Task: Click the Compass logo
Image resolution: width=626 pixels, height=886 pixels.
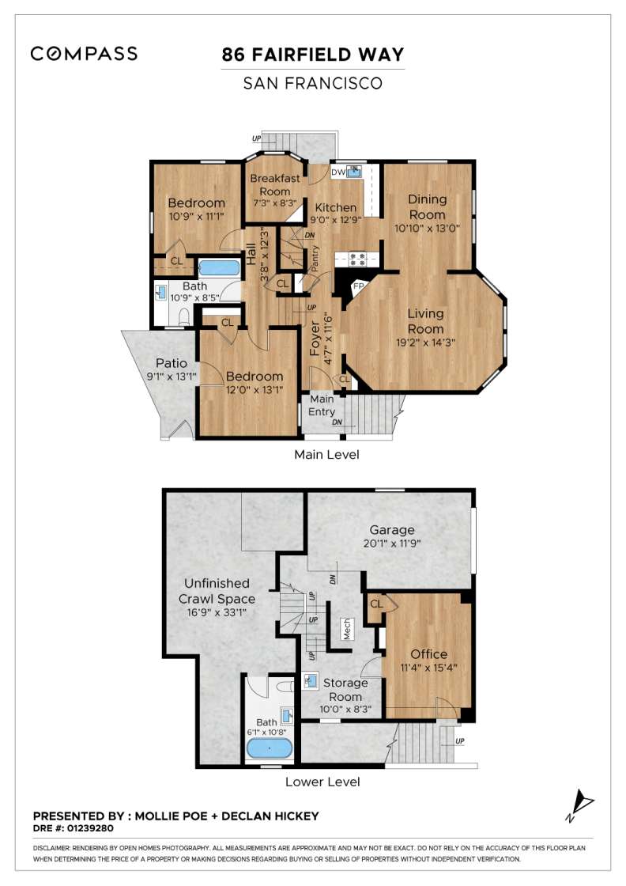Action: coord(84,54)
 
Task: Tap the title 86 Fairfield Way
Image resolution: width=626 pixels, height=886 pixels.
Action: coord(313,55)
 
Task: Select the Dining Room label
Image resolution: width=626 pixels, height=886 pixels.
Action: coord(428,206)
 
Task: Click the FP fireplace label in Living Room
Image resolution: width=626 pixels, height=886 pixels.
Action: coord(358,286)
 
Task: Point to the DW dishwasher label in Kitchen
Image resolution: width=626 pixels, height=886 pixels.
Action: coord(338,172)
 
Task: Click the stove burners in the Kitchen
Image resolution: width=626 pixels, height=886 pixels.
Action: coord(357,259)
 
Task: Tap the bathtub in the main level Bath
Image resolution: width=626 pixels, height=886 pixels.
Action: coord(218,267)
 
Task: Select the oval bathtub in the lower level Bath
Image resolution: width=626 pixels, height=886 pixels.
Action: coord(270,748)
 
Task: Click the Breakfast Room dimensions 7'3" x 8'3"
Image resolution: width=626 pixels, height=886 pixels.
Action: coord(274,203)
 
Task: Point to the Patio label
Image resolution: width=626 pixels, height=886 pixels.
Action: coord(171,363)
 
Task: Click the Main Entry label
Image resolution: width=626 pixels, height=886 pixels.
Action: coord(322,405)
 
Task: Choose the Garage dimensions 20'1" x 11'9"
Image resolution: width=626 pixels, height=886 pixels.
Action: coord(392,543)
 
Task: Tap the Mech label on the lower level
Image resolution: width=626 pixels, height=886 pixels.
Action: coord(347,629)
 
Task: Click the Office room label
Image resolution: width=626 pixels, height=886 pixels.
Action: coord(429,653)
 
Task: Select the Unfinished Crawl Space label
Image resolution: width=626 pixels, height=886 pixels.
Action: coord(217,591)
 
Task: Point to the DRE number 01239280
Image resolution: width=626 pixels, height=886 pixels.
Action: coord(90,828)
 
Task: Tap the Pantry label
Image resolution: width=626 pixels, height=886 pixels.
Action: coord(315,258)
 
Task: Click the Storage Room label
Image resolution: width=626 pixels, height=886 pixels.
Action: coord(345,689)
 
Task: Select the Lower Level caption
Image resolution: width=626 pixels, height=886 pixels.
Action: coord(322,782)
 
